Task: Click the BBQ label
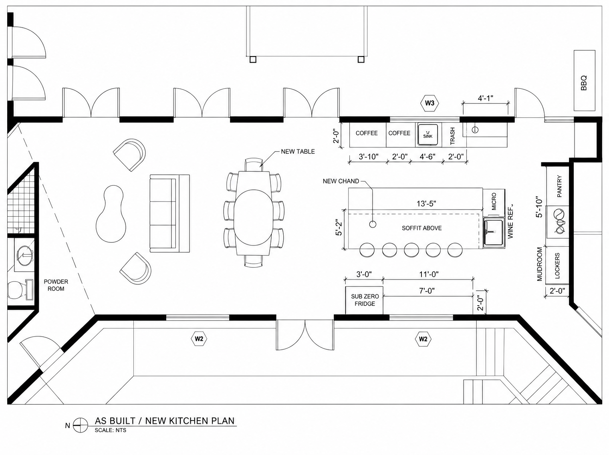pos(584,83)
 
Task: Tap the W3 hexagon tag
pos(430,103)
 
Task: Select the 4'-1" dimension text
pos(486,99)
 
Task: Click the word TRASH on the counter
pos(452,136)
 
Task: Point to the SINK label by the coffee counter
pos(428,136)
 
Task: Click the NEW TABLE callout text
pos(298,152)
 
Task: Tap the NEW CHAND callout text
pos(341,181)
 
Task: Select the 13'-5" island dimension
pos(426,204)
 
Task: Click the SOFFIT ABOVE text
pos(422,228)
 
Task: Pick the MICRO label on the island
pos(494,201)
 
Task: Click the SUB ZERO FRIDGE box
pos(364,300)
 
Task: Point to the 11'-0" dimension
pos(429,274)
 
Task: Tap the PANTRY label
pos(559,186)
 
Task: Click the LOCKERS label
pos(557,266)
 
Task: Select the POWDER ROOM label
pos(56,285)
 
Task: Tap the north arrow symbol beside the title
pos(81,425)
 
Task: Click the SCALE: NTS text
pos(111,430)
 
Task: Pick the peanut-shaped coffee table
pos(110,213)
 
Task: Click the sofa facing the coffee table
pos(169,213)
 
